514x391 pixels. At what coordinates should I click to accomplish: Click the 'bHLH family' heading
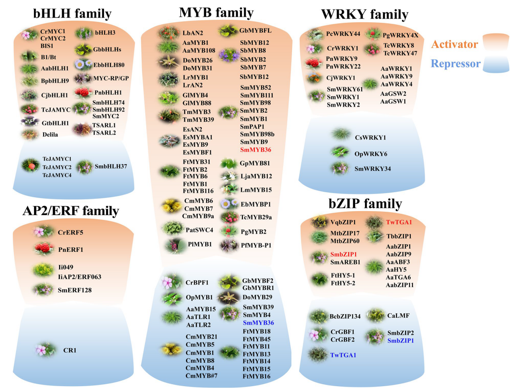click(72, 14)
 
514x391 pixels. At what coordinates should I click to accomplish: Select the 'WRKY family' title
click(365, 15)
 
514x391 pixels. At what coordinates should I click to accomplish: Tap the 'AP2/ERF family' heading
click(71, 211)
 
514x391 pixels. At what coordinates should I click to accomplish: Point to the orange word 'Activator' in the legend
click(454, 44)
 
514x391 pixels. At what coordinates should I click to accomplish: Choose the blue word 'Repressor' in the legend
click(455, 63)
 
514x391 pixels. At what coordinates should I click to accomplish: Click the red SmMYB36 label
click(256, 150)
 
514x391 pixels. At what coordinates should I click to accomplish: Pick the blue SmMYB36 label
click(258, 323)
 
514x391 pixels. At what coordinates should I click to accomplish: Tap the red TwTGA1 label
click(399, 222)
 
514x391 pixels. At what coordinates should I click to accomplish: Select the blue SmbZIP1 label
click(401, 341)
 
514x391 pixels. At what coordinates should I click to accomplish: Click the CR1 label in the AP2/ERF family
click(70, 350)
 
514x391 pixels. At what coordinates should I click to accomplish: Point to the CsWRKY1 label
click(370, 137)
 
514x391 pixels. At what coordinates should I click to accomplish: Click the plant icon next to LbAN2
click(168, 33)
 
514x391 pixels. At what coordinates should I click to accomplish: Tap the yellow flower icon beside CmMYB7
click(171, 206)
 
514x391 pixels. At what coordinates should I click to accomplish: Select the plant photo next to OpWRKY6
click(340, 152)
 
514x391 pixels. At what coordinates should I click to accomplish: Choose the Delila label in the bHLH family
click(50, 135)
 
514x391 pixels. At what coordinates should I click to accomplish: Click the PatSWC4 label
click(199, 230)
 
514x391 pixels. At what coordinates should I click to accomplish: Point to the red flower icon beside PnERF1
click(44, 249)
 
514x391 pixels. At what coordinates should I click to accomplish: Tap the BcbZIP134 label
click(345, 317)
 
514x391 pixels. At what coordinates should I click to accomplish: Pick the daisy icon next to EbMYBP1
click(229, 204)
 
